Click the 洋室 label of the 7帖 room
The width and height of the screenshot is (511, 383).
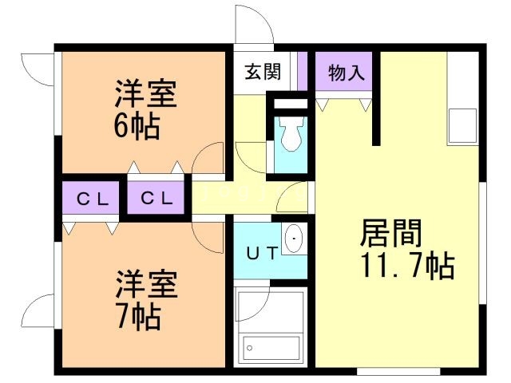[x=145, y=285]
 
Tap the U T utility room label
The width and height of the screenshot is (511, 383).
[x=261, y=255]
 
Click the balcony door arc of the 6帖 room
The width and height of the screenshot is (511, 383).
[x=37, y=71]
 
